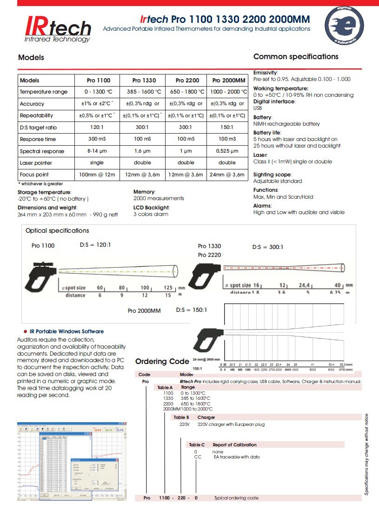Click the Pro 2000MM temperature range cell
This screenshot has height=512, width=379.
(227, 92)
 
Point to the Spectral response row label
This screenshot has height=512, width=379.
(42, 151)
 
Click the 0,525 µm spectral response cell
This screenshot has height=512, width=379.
(227, 151)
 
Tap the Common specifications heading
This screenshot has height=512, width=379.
(296, 57)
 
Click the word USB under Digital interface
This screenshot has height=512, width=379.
(258, 108)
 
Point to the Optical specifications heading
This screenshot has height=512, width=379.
(57, 230)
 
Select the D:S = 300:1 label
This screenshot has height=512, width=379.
(268, 247)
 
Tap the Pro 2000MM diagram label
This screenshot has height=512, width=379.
(144, 310)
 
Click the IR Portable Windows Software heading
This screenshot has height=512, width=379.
(66, 331)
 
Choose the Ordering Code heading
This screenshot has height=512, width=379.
(162, 361)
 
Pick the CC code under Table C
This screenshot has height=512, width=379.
(198, 457)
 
